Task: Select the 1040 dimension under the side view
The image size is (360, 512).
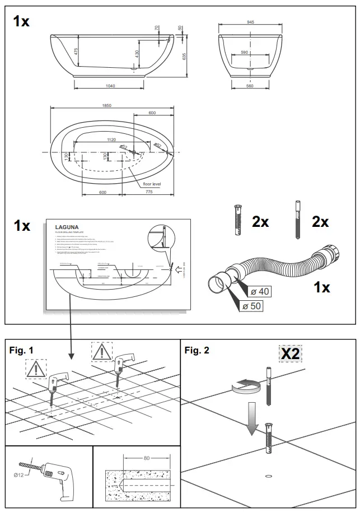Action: click(110, 86)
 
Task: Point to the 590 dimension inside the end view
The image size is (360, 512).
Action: click(245, 52)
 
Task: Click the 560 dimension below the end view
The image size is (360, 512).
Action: click(250, 86)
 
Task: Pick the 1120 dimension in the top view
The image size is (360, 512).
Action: click(115, 140)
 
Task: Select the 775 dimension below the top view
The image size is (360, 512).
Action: click(148, 192)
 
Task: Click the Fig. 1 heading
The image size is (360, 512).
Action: click(22, 350)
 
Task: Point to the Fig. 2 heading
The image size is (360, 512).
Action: click(197, 351)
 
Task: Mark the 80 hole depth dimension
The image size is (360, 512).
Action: click(146, 458)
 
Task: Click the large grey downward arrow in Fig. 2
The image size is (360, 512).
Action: click(253, 420)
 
